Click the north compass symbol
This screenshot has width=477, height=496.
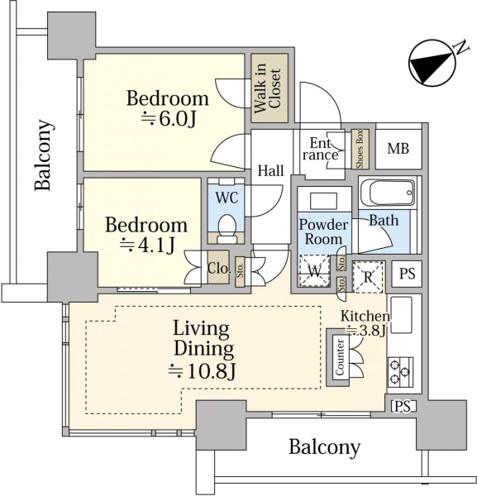[432, 63]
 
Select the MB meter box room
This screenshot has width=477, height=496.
[398, 149]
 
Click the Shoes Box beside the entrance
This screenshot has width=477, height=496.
[360, 149]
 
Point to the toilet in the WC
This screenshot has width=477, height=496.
[227, 228]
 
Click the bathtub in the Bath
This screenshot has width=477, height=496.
[388, 193]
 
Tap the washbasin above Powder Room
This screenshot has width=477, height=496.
[323, 201]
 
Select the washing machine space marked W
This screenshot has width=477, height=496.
[314, 271]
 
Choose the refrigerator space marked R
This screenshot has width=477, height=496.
[368, 277]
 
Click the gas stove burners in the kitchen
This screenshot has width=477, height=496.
[401, 372]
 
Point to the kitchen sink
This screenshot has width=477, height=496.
[402, 315]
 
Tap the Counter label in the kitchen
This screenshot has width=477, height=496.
[340, 357]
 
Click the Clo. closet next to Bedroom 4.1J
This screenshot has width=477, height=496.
[218, 268]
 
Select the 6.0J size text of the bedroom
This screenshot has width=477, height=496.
[169, 119]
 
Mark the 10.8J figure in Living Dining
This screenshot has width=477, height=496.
[202, 371]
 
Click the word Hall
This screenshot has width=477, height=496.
[270, 170]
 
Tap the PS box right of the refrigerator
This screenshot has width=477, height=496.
[407, 274]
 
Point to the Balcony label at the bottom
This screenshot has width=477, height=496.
[325, 447]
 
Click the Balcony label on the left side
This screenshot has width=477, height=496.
[43, 155]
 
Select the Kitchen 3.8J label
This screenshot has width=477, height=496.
[365, 323]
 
